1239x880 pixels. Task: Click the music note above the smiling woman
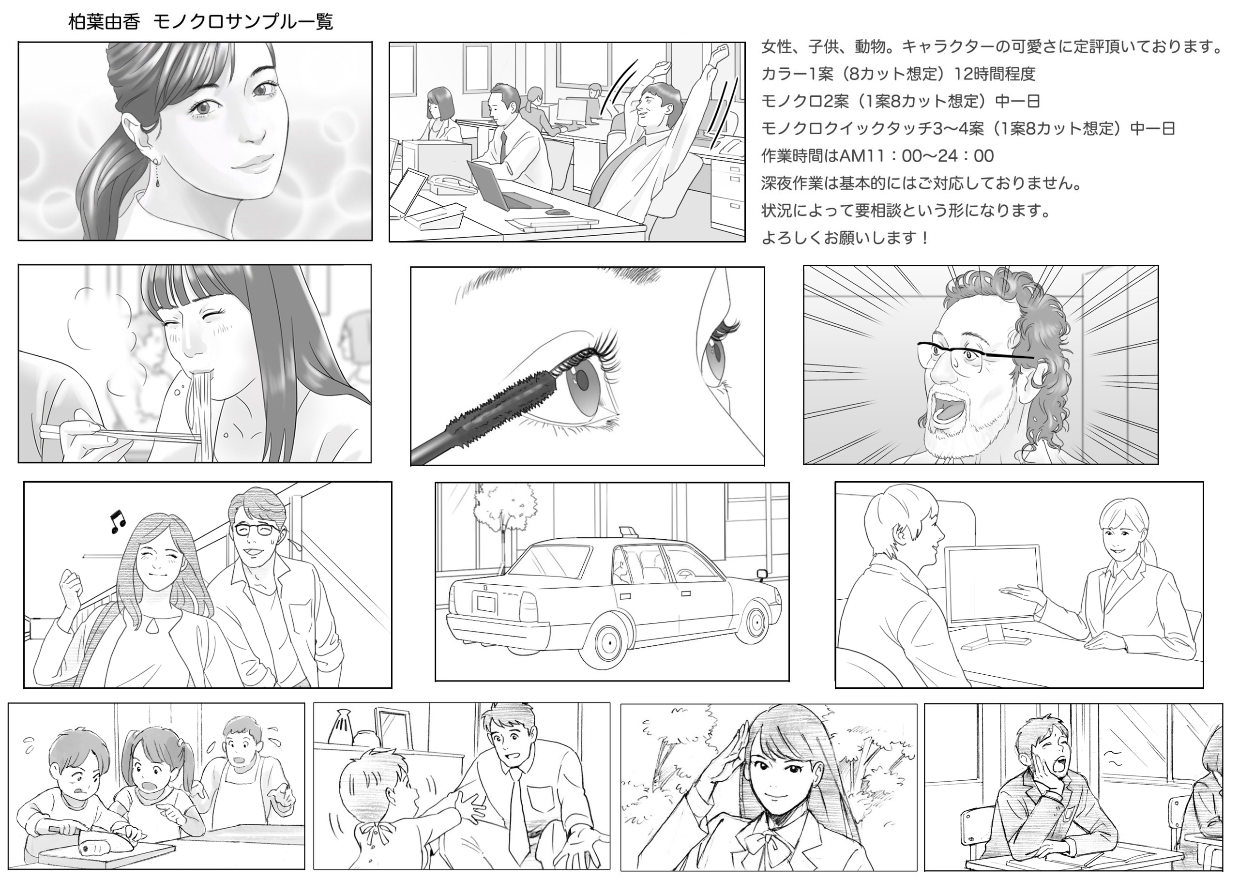point(117,521)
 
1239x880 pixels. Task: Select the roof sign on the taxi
point(628,530)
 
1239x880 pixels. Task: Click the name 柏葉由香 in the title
point(104,22)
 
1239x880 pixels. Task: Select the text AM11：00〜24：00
point(917,156)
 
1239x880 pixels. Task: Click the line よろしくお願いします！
point(845,237)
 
